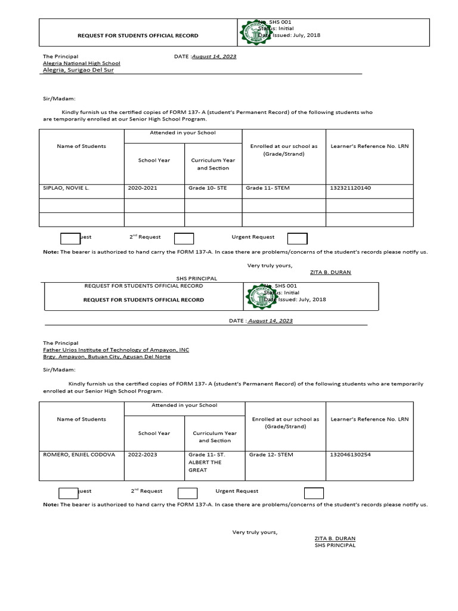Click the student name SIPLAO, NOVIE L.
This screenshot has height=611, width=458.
pyautogui.click(x=66, y=188)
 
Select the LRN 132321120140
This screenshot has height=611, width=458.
pyautogui.click(x=350, y=188)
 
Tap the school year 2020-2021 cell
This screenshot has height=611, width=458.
pyautogui.click(x=143, y=188)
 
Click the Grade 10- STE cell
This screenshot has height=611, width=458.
pyautogui.click(x=207, y=188)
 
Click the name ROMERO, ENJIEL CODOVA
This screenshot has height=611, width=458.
pyautogui.click(x=79, y=455)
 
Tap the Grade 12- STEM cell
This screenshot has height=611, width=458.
pyautogui.click(x=271, y=455)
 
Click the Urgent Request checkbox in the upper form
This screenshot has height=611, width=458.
pyautogui.click(x=297, y=239)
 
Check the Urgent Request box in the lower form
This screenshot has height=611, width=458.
pyautogui.click(x=314, y=493)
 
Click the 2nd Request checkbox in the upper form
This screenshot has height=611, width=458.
pyautogui.click(x=184, y=239)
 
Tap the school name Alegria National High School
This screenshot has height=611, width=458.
pyautogui.click(x=81, y=63)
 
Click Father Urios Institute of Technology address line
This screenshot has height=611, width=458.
pyautogui.click(x=116, y=350)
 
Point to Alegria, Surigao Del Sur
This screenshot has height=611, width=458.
pyautogui.click(x=78, y=70)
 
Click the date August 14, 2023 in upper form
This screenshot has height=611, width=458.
pyautogui.click(x=214, y=57)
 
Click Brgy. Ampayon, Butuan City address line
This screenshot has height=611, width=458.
pyautogui.click(x=106, y=357)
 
